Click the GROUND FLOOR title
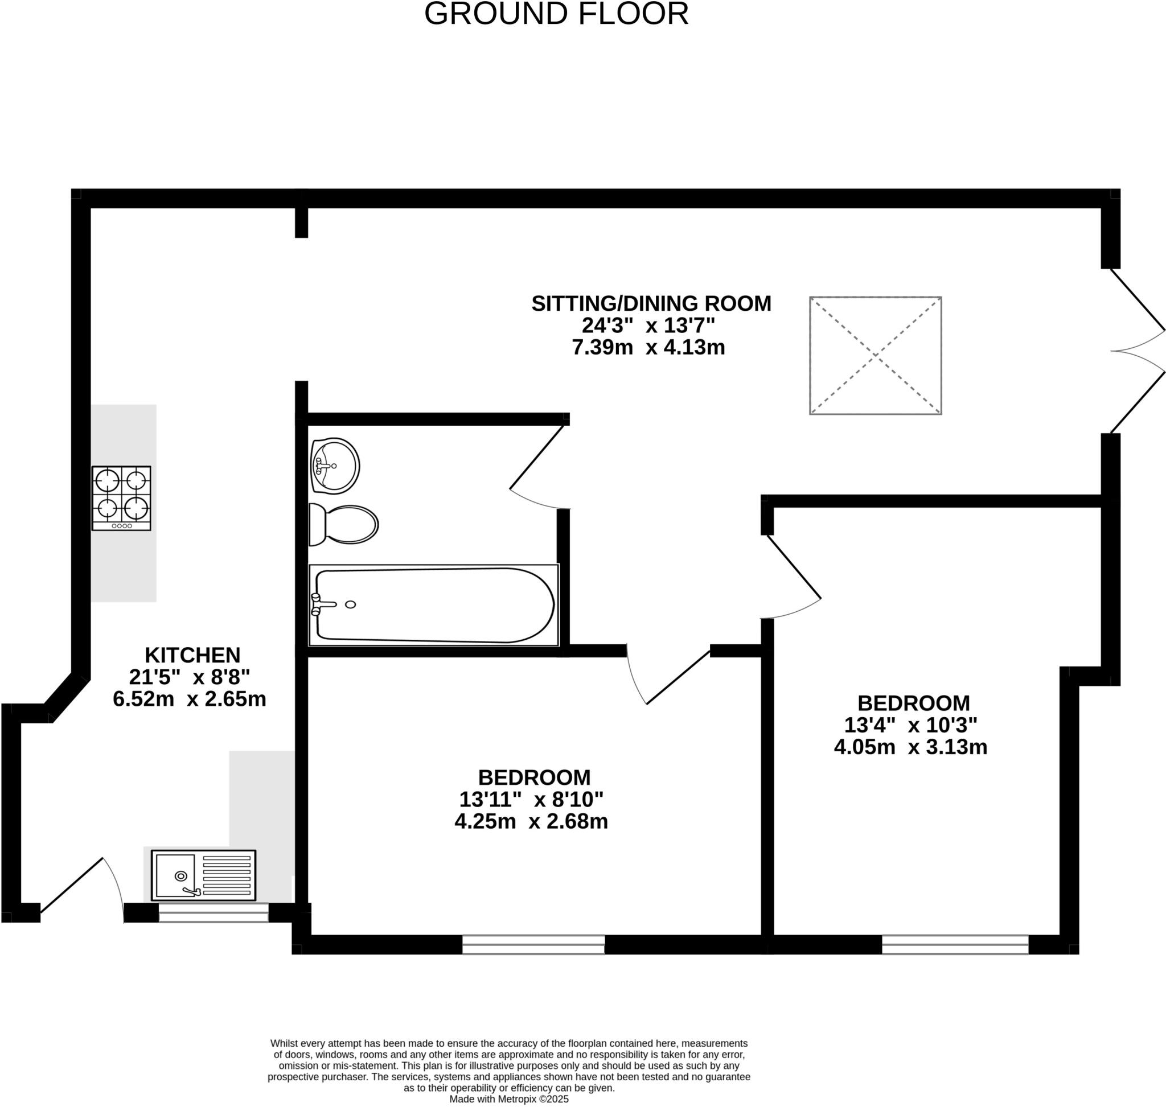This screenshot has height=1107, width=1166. click(556, 14)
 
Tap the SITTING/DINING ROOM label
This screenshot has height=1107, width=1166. click(651, 303)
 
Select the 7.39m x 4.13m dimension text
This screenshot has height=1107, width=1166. click(648, 347)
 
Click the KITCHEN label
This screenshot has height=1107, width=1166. click(192, 655)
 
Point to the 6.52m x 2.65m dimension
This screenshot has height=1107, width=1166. click(189, 699)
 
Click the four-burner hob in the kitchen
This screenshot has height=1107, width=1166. click(121, 498)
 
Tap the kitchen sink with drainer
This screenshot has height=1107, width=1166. click(203, 875)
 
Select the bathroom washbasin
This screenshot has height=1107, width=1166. click(335, 466)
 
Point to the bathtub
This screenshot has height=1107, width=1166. click(433, 605)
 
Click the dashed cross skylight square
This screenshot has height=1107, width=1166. click(875, 355)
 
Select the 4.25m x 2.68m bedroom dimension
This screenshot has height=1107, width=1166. click(531, 821)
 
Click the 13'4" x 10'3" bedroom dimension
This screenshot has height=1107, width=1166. click(910, 724)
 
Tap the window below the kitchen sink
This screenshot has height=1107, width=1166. click(213, 913)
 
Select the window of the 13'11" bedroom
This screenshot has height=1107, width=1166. click(533, 944)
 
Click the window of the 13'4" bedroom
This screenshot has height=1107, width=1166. click(955, 944)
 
